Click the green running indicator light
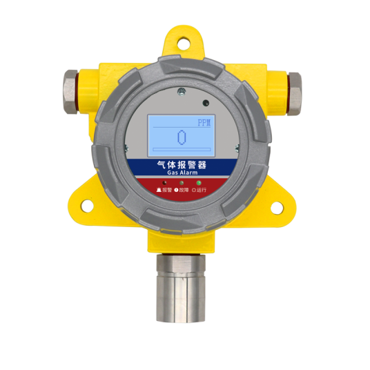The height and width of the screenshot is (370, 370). click(x=199, y=183)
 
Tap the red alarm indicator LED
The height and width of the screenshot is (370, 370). click(x=164, y=183)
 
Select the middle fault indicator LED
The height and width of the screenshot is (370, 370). click(x=182, y=183)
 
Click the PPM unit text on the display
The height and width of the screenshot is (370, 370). click(x=204, y=123)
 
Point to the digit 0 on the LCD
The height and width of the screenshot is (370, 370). click(x=182, y=137)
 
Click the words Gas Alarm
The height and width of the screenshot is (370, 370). click(x=182, y=173)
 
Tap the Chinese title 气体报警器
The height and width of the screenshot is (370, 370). click(x=182, y=164)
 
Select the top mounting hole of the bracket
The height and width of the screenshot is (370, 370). click(x=184, y=43)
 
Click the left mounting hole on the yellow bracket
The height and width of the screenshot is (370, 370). click(x=87, y=206)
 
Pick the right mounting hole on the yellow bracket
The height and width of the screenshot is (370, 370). click(x=277, y=208)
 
